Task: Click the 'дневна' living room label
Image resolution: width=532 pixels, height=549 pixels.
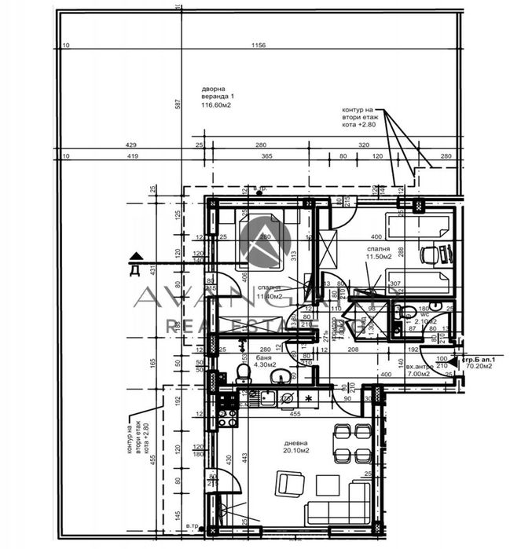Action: click(x=297, y=442)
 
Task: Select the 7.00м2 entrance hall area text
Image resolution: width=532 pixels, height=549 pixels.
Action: click(x=416, y=374)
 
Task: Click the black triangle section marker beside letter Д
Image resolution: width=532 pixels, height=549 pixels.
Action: click(x=135, y=255)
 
